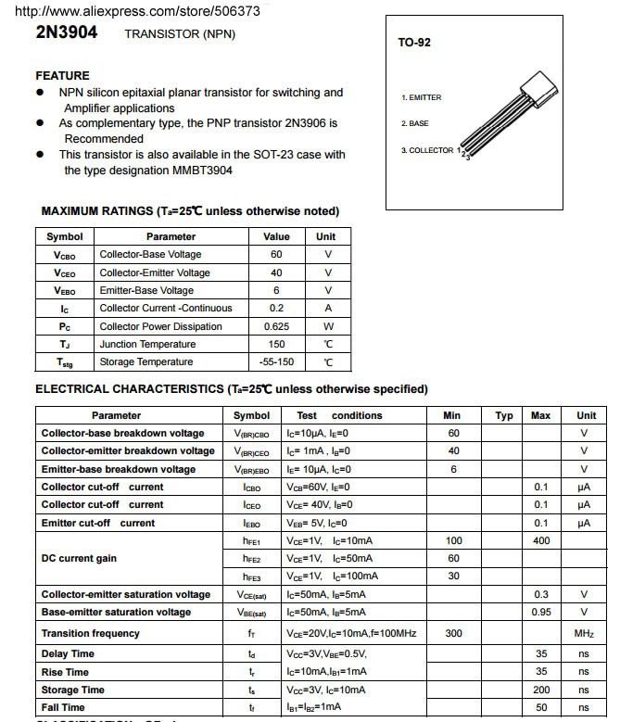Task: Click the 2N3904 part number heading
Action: (66, 32)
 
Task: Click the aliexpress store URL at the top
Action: (134, 10)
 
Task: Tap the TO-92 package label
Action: (413, 43)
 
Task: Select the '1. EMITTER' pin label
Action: (421, 97)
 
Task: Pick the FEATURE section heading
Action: (62, 76)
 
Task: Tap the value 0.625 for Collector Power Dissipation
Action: (276, 326)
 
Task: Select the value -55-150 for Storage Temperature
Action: (276, 361)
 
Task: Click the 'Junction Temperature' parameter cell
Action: (147, 344)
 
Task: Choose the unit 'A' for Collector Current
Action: (327, 308)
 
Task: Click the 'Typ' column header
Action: (504, 415)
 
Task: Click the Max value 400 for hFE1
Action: (541, 540)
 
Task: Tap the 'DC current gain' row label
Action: (80, 559)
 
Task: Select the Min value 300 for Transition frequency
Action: (453, 633)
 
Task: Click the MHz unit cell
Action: (584, 633)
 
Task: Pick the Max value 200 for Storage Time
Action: (541, 690)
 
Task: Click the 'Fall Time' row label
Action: (63, 707)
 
